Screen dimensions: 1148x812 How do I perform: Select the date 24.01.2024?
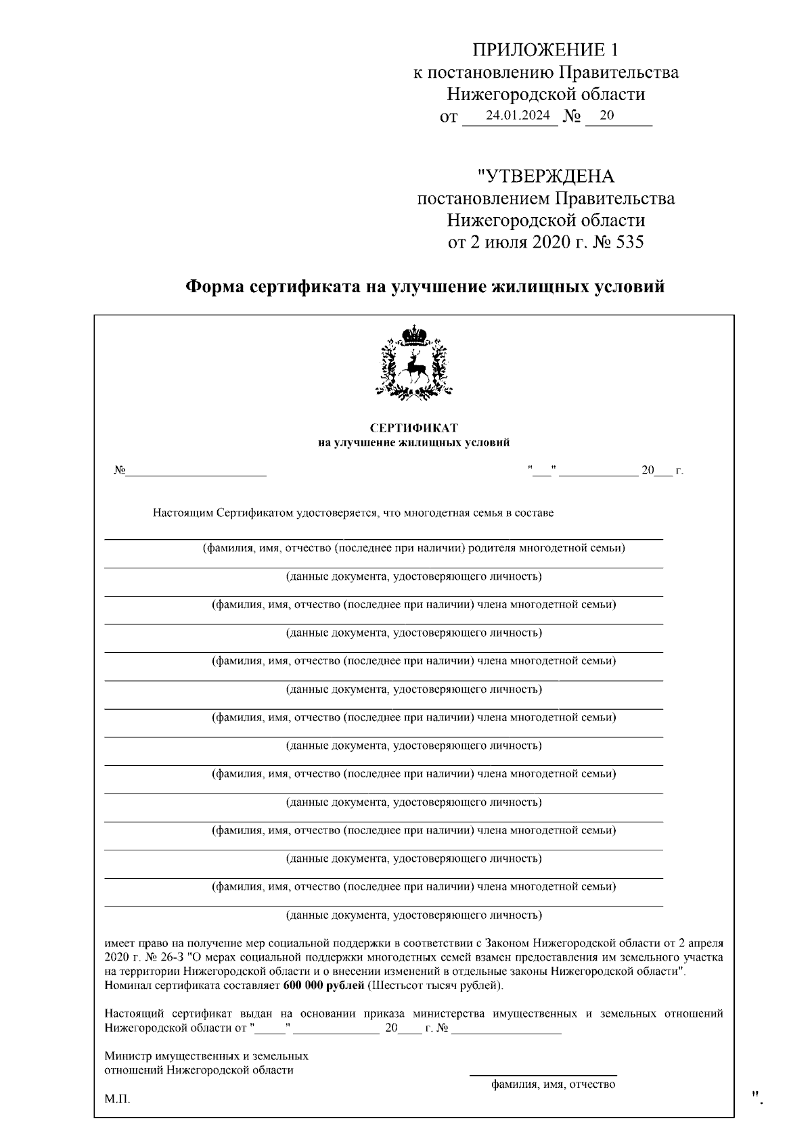coord(518,115)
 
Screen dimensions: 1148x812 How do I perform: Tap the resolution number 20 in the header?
coord(606,115)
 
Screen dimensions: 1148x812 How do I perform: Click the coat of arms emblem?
coord(413,363)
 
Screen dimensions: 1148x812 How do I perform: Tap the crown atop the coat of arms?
coord(413,334)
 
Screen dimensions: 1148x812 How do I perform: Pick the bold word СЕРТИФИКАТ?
coord(413,428)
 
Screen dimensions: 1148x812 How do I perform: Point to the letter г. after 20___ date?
coord(679,471)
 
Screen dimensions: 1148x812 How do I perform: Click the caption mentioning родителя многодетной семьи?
coord(413,548)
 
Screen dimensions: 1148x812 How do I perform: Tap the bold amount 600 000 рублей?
coord(323,985)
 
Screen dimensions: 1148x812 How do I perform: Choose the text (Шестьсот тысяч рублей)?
coord(434,985)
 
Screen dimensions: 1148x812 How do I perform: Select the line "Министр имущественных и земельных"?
coord(206,1055)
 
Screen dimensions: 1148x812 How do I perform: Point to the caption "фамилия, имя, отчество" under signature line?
coord(553,1084)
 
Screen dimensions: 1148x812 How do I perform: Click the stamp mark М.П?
coord(117,1099)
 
